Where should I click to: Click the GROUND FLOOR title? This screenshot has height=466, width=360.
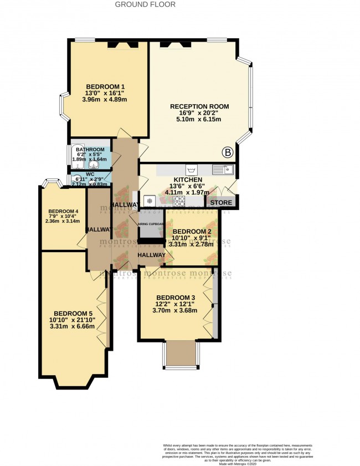[x=145, y=4]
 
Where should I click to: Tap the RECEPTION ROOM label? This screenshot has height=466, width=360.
[x=199, y=106]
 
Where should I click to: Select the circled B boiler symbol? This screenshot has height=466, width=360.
[x=227, y=152]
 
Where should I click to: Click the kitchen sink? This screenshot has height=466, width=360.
[x=226, y=170]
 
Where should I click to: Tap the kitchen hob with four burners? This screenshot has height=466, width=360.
[x=179, y=200]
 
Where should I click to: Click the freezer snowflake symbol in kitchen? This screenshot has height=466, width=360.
[x=149, y=200]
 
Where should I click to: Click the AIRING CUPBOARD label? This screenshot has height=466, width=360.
[x=151, y=224]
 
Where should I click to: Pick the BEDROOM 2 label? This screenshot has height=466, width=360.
[x=192, y=232]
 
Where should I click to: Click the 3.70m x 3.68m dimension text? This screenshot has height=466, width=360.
[x=175, y=310]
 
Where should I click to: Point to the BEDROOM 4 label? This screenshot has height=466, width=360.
[x=63, y=212]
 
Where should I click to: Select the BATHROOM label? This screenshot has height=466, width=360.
[x=90, y=150]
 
